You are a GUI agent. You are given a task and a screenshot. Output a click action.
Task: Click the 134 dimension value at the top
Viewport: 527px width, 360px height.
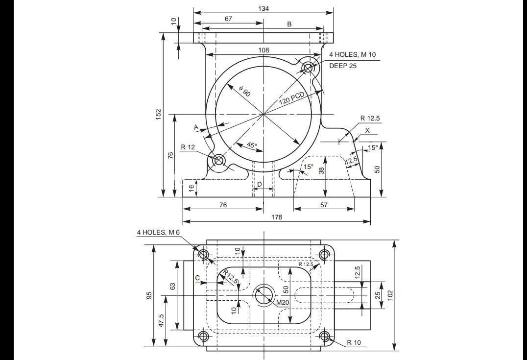coord(263,8)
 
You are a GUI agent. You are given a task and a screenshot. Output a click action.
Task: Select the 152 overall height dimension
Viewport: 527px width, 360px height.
coord(159,114)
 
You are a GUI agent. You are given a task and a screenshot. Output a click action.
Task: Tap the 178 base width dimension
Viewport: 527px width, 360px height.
coord(276,217)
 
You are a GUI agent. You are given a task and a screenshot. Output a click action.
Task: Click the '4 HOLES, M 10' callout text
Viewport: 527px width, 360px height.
coord(352,54)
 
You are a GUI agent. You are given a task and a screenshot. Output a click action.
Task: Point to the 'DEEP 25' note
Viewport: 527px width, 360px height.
coord(343,66)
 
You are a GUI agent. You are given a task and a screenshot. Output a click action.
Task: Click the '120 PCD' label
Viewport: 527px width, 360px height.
coord(291,98)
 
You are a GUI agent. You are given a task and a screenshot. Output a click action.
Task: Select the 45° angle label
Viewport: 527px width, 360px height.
coord(252,145)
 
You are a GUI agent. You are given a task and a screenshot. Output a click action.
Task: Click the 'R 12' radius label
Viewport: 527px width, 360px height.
coord(188,147)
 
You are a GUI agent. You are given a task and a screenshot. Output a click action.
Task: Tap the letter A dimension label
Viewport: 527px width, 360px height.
coord(196,127)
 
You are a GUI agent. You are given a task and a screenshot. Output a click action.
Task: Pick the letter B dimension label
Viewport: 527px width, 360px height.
coord(289,24)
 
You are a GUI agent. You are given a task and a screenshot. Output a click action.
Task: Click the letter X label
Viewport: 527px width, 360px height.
coord(367,130)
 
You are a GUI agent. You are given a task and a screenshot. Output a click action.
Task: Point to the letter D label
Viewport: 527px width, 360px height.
coord(260,184)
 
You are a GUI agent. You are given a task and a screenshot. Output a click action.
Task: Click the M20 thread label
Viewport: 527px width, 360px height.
coord(283,303)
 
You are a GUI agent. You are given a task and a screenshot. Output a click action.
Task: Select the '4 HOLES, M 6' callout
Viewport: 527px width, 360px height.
coord(158,232)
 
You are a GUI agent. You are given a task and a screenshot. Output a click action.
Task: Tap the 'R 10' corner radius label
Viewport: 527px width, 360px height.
coord(354,342)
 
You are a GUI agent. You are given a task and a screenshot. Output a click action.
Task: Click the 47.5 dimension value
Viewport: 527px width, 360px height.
coord(161,321)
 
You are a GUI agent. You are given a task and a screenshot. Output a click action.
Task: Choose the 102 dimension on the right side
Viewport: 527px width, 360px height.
coord(390,295)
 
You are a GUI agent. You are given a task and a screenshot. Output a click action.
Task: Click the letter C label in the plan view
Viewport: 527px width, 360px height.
coord(198,278)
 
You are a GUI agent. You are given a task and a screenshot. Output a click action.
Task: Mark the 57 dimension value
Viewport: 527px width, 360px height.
coord(324,205)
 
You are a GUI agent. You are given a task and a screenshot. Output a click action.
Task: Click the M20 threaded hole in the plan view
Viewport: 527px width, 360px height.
coord(263,295)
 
